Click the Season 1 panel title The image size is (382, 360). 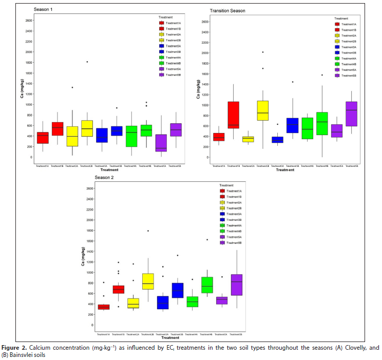click(43, 9)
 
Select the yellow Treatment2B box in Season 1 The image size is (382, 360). click(87, 128)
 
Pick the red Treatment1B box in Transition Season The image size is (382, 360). click(234, 115)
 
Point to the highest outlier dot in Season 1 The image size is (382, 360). click(87, 62)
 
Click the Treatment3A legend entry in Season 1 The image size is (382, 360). click(170, 46)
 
